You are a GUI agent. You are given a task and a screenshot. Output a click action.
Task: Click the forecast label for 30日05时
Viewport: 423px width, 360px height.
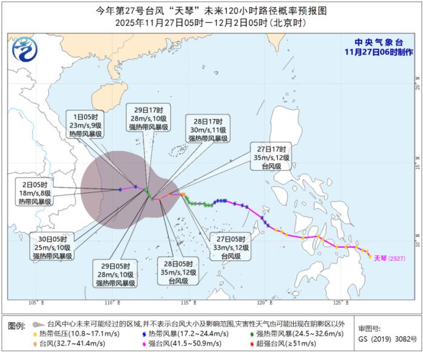(x=53, y=247)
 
